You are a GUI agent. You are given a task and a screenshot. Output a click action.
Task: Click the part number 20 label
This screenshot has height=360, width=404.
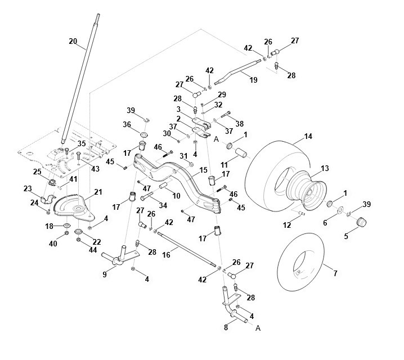(x=73, y=41)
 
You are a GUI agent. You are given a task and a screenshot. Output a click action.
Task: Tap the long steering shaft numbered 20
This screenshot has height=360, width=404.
(x=80, y=79)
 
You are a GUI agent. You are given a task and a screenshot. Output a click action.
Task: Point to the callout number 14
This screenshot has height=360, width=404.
(x=308, y=136)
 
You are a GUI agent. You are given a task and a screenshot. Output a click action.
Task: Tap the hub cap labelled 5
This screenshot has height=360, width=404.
(x=361, y=222)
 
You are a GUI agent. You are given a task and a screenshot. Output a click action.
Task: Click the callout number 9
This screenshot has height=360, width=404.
(x=104, y=274)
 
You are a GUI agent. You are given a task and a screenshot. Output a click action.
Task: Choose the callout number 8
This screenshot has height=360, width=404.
(x=226, y=327)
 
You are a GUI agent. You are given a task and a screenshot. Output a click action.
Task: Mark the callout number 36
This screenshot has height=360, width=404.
(x=127, y=125)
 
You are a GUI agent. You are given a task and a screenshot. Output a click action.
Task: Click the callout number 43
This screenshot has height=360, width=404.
(x=95, y=169)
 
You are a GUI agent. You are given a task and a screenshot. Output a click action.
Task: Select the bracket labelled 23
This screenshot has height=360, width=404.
(x=48, y=199)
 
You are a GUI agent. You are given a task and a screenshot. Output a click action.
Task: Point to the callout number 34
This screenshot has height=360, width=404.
(x=163, y=205)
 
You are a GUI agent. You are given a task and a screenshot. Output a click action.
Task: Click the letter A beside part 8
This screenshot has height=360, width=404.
(x=258, y=328)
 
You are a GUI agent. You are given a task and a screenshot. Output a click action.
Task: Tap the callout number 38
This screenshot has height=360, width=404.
(x=239, y=124)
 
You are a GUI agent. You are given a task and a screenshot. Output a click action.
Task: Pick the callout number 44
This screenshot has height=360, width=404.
(x=92, y=250)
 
